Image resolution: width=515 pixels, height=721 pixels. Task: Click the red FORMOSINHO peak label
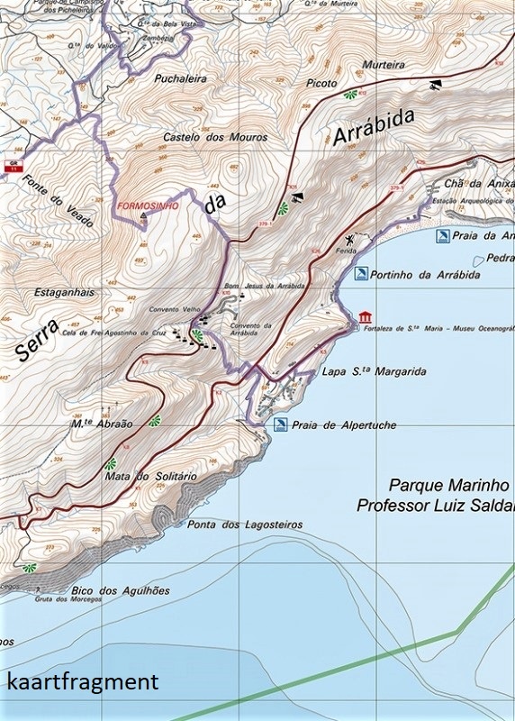tap(147, 205)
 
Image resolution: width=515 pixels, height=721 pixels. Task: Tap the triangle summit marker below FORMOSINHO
tap(142, 216)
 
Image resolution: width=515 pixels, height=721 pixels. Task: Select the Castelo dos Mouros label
tap(215, 137)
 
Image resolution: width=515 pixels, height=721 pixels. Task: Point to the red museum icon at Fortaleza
tap(364, 317)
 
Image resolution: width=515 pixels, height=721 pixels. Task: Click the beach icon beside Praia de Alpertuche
tap(281, 424)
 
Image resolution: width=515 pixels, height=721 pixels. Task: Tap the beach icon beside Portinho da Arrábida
tap(360, 273)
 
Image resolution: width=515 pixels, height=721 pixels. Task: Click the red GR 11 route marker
tap(13, 166)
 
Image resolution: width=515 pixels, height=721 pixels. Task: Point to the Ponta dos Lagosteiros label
tap(243, 524)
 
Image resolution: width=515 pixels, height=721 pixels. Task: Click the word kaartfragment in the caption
tap(82, 682)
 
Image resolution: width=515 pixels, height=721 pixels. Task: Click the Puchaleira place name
tap(179, 78)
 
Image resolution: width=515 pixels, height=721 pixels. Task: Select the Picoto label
tap(321, 83)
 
